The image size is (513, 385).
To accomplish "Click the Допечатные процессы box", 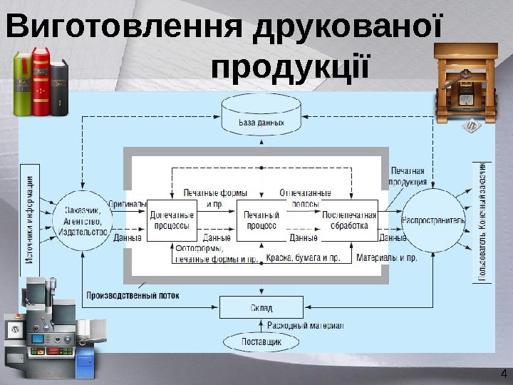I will (171, 220).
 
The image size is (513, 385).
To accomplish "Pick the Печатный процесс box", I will (261, 220).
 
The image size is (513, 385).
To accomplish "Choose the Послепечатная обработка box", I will (348, 220).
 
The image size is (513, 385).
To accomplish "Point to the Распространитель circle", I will (432, 220).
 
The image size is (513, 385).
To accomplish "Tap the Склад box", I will (261, 308).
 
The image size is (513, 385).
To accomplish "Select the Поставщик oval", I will (261, 342).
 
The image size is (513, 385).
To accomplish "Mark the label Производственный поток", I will (133, 295).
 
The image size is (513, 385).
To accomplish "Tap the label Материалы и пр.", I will (386, 257).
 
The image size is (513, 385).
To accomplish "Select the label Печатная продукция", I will (408, 176).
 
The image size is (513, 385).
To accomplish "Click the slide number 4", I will (503, 374).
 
